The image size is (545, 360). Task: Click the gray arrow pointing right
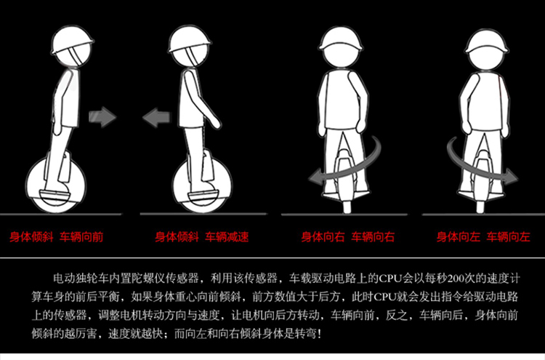(102, 117)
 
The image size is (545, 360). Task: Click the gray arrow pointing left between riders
(157, 118)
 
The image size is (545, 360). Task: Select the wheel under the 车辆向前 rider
(56, 184)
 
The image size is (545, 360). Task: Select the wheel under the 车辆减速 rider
(202, 185)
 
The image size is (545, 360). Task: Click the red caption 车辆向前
(81, 237)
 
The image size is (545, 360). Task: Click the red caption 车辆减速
(227, 237)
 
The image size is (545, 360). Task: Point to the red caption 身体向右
(323, 237)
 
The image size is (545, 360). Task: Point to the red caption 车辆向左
(508, 237)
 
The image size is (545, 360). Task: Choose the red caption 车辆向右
(373, 237)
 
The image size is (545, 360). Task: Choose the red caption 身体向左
(459, 237)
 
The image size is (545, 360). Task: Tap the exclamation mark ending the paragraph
(320, 334)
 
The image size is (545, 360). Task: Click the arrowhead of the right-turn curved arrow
(315, 176)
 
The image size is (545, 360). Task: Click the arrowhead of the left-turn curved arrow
(512, 176)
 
